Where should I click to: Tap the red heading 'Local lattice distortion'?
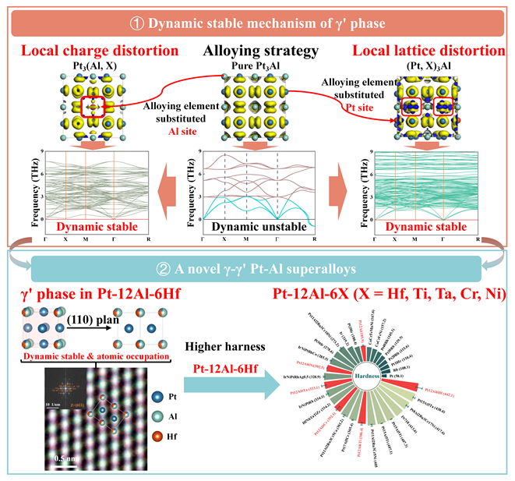pos(429,51)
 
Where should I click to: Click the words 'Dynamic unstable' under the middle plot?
pos(248,225)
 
